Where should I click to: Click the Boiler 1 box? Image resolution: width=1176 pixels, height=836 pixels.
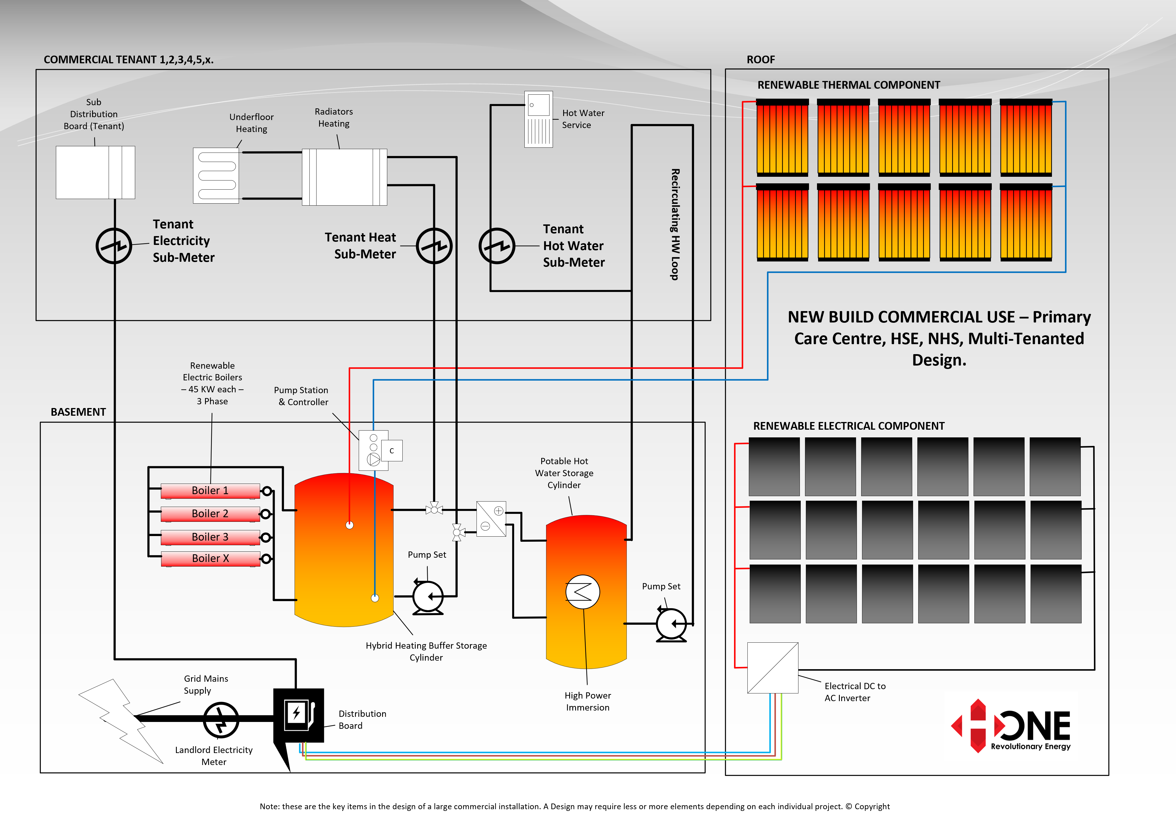(x=210, y=491)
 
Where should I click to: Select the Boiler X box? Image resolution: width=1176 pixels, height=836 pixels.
(x=210, y=559)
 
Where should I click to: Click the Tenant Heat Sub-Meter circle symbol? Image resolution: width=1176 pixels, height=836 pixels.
(x=434, y=246)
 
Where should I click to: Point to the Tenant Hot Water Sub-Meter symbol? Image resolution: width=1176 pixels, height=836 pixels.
(x=497, y=246)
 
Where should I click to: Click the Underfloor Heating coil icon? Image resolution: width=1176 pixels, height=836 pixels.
(x=216, y=176)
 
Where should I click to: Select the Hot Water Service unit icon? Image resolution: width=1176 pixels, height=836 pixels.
(x=539, y=119)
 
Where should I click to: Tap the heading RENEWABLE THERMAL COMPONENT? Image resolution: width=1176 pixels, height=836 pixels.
(x=849, y=85)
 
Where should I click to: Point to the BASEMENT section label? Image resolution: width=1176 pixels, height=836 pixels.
(x=78, y=412)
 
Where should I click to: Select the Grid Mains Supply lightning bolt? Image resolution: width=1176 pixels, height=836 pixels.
(x=121, y=721)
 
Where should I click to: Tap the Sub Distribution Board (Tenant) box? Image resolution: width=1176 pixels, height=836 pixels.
(x=95, y=173)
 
